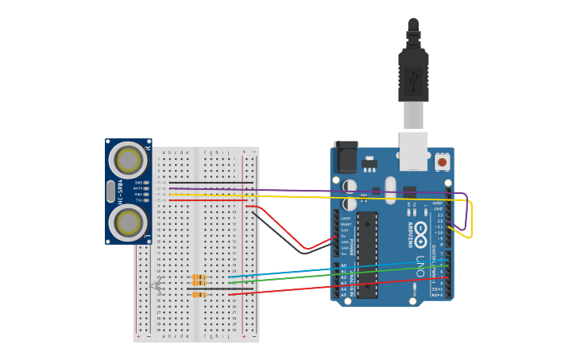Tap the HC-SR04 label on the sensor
[x=121, y=192]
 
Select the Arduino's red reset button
[x=442, y=162]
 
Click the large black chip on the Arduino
[x=366, y=254]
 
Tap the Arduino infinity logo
[x=421, y=230]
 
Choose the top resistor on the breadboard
[x=199, y=277]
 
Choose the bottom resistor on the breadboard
[x=199, y=294]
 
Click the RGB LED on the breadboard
[x=157, y=285]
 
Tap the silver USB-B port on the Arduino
[x=413, y=151]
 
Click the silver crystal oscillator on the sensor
[x=110, y=191]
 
